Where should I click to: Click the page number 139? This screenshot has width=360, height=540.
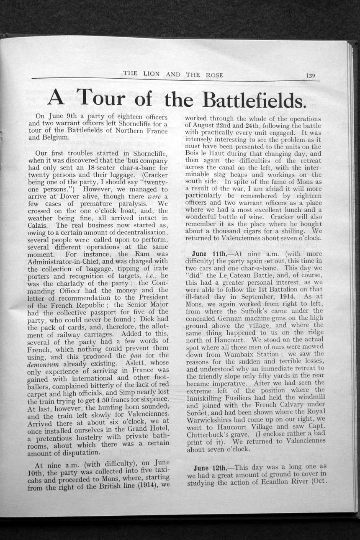point(310,76)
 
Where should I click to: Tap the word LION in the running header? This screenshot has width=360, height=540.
point(151,74)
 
